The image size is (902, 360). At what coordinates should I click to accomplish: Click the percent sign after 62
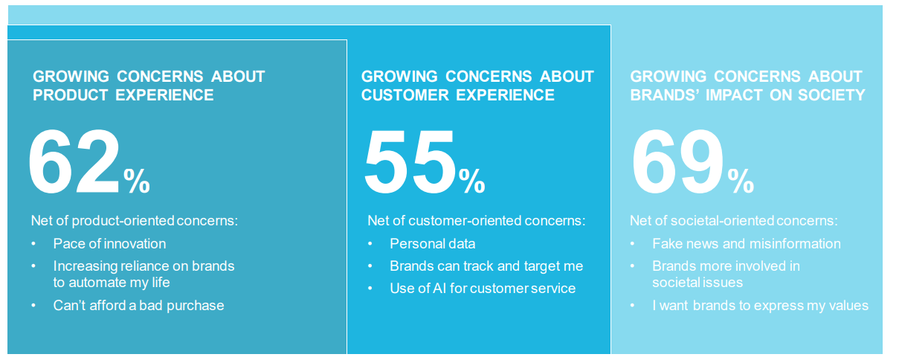pos(137,181)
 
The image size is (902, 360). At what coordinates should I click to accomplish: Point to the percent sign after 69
pos(741,181)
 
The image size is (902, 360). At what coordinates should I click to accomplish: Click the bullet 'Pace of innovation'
pos(109,244)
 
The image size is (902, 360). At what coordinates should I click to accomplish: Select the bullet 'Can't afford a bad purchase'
pos(138,305)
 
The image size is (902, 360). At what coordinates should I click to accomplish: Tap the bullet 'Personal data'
pos(432,244)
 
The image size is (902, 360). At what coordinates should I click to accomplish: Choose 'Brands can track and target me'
pos(486,266)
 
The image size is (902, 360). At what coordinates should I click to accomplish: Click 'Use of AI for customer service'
pos(483,288)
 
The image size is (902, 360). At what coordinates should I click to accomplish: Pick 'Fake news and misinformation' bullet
pos(746,244)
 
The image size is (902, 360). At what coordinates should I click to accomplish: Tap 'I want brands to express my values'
pos(760,306)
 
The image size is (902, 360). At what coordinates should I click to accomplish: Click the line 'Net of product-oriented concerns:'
pos(134,221)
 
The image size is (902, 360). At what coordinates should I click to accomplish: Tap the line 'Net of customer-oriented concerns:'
pos(476,221)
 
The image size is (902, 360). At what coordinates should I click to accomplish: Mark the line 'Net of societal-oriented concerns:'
pos(733,221)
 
